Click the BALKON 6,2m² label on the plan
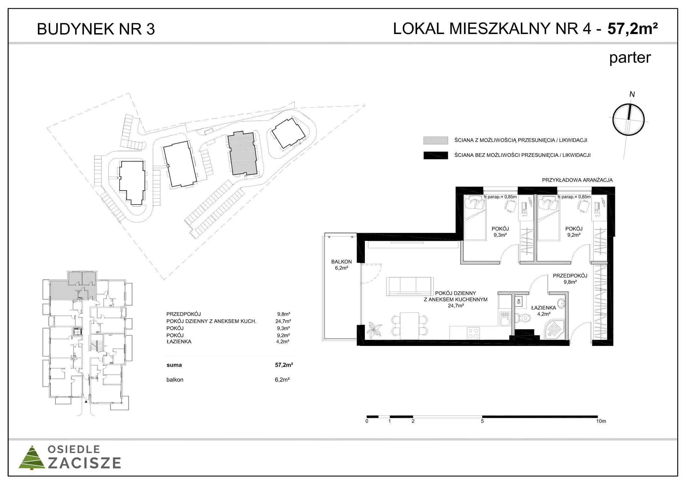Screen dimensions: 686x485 point(341,265)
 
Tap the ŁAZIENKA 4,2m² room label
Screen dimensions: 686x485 point(543,311)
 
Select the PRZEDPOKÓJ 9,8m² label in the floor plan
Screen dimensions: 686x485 point(570,278)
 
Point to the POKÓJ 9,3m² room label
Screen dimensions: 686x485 point(500,232)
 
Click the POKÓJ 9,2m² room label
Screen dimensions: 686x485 point(574,232)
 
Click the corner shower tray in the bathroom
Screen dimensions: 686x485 point(555,329)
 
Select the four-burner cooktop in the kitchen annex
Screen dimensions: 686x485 point(473,334)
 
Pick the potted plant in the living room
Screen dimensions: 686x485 point(375,330)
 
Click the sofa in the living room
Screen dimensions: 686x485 point(410,286)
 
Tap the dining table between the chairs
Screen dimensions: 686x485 point(409,326)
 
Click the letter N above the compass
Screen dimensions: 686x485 point(632,94)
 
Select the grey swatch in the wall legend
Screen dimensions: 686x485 point(435,140)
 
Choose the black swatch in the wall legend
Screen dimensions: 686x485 point(435,156)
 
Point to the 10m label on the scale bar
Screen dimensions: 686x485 point(601,421)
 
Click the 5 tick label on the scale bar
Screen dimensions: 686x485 point(482,421)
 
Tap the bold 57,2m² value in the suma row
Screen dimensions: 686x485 point(284,365)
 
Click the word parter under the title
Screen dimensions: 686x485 point(630,58)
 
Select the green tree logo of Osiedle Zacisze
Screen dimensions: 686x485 point(31,457)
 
